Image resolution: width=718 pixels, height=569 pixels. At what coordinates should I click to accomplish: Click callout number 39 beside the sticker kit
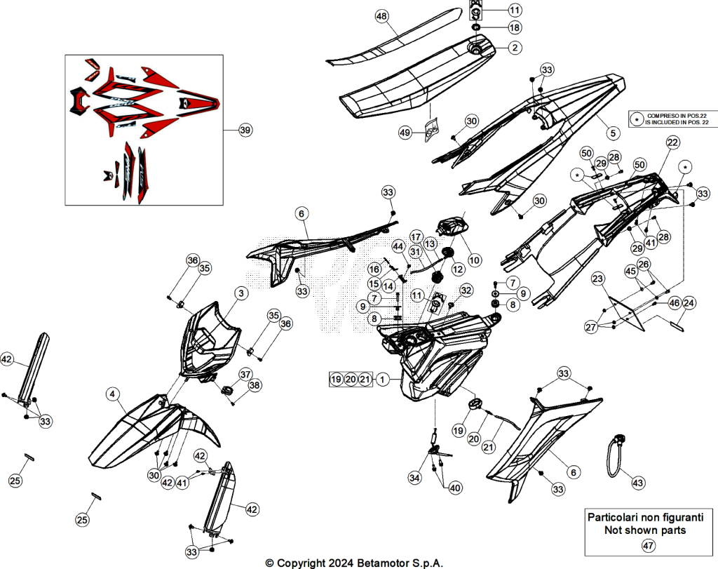[x=245, y=130]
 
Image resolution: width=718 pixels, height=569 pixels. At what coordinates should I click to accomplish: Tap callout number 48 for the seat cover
[x=381, y=17]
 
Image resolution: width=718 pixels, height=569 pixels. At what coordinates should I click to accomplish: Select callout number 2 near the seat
[x=515, y=48]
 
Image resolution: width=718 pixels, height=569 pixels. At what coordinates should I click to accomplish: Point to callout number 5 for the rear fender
[x=613, y=133]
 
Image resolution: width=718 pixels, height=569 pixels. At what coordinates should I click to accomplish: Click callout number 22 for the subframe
[x=672, y=142]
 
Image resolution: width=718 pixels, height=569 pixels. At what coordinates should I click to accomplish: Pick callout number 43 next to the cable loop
[x=638, y=483]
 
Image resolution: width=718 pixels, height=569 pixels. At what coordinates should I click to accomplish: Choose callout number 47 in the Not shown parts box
[x=649, y=546]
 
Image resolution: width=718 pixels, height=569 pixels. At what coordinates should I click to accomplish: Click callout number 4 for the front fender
[x=113, y=394]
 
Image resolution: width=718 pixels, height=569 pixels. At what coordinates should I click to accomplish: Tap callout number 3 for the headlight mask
[x=241, y=293]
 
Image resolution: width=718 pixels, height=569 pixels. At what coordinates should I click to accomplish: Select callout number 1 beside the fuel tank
[x=382, y=380]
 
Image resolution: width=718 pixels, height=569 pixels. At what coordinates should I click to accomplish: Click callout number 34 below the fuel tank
[x=415, y=478]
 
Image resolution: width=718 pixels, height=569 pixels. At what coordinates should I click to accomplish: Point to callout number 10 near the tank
[x=475, y=260]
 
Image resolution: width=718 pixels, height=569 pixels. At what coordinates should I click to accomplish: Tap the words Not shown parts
[x=645, y=530]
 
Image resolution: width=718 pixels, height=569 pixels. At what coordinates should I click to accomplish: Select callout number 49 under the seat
[x=405, y=133]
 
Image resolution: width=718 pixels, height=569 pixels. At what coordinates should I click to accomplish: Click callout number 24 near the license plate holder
[x=689, y=303]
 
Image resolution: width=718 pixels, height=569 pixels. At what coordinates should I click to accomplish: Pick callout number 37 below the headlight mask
[x=245, y=374]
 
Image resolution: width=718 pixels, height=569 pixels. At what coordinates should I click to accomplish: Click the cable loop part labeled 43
[x=614, y=455]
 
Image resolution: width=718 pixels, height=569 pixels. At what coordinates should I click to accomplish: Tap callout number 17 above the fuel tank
[x=416, y=237]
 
